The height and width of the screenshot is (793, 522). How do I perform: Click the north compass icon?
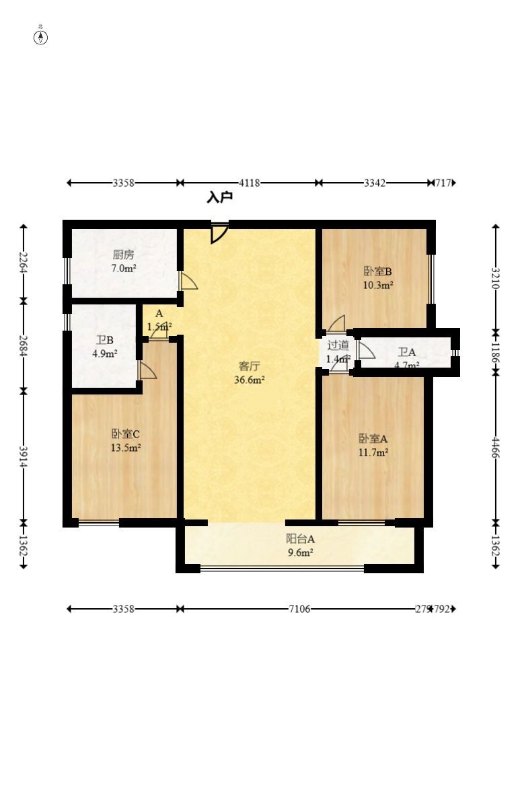coord(40,36)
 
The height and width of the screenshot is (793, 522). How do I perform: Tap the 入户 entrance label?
coord(219,198)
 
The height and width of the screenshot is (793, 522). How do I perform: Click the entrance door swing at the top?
coord(219,233)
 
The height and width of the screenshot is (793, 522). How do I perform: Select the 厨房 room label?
coord(124,255)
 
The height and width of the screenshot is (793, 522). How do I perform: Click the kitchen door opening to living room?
coord(188,281)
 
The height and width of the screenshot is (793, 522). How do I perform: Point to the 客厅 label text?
coord(250,366)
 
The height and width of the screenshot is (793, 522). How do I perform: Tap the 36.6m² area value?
coord(250,379)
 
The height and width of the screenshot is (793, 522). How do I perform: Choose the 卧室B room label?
coord(378,272)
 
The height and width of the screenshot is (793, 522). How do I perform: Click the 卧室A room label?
coord(373,439)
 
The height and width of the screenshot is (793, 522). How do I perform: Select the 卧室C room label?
coord(126,434)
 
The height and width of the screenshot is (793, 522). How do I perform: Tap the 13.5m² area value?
coord(126,448)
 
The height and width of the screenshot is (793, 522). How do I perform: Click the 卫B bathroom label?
coord(104,340)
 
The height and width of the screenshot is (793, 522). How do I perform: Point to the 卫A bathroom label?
coord(407,352)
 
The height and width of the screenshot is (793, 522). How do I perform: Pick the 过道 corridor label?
coord(338,346)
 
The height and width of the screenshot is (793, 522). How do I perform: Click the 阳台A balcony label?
coord(300,539)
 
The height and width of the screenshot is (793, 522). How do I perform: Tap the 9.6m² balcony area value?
coord(300,552)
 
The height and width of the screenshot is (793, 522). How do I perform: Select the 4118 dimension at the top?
coord(250,183)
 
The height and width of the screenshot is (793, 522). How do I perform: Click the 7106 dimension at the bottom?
coord(299,609)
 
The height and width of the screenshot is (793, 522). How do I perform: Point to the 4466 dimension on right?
coord(496,447)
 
